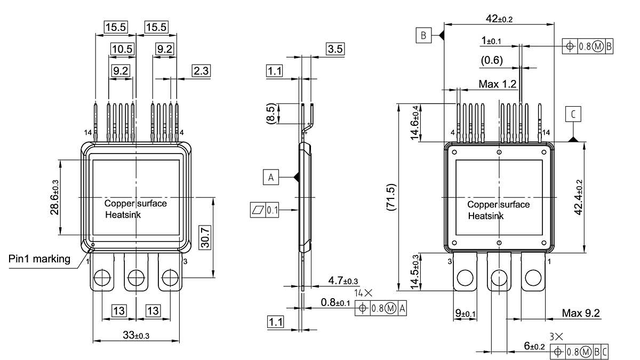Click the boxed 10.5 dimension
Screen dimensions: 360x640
click(x=122, y=49)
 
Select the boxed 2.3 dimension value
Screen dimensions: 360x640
click(x=201, y=71)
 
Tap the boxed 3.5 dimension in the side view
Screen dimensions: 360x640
click(x=335, y=49)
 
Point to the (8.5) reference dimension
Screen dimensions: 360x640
click(x=272, y=114)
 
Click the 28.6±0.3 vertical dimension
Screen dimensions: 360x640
click(x=54, y=197)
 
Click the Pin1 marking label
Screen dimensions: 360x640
click(x=39, y=259)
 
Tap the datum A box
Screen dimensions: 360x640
click(x=271, y=178)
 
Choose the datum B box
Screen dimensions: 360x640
click(x=423, y=36)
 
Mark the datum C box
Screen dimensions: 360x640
click(x=573, y=114)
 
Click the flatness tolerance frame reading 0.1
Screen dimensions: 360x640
click(x=265, y=210)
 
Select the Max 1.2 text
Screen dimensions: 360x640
click(x=497, y=84)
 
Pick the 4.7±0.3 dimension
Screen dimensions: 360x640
click(x=343, y=281)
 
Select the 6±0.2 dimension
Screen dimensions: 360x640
click(x=534, y=346)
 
